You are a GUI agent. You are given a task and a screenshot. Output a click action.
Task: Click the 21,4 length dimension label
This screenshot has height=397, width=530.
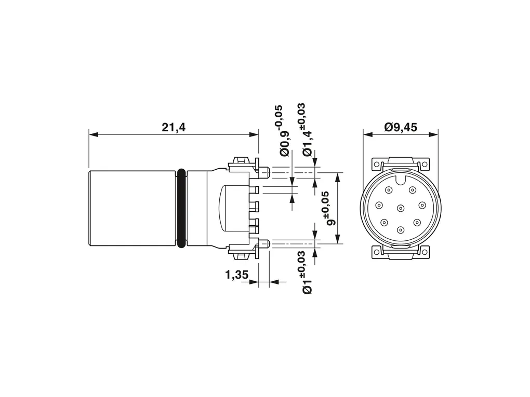pyautogui.click(x=174, y=127)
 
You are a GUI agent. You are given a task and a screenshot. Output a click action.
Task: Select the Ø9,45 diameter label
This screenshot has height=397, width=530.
pyautogui.click(x=401, y=127)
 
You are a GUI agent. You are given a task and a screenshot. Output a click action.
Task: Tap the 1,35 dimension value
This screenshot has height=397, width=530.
pyautogui.click(x=237, y=275)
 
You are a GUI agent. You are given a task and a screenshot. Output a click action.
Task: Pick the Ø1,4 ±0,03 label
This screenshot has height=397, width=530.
pyautogui.click(x=307, y=130)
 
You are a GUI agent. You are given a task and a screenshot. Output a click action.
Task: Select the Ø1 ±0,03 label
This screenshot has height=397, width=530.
pyautogui.click(x=307, y=272)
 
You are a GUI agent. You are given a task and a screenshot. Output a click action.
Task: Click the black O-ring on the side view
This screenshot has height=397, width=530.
pyautogui.click(x=181, y=209)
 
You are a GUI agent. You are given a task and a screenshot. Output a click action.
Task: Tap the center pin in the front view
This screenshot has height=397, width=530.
pyautogui.click(x=401, y=208)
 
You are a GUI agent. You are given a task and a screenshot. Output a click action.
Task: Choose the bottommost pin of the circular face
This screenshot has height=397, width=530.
pyautogui.click(x=401, y=230)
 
